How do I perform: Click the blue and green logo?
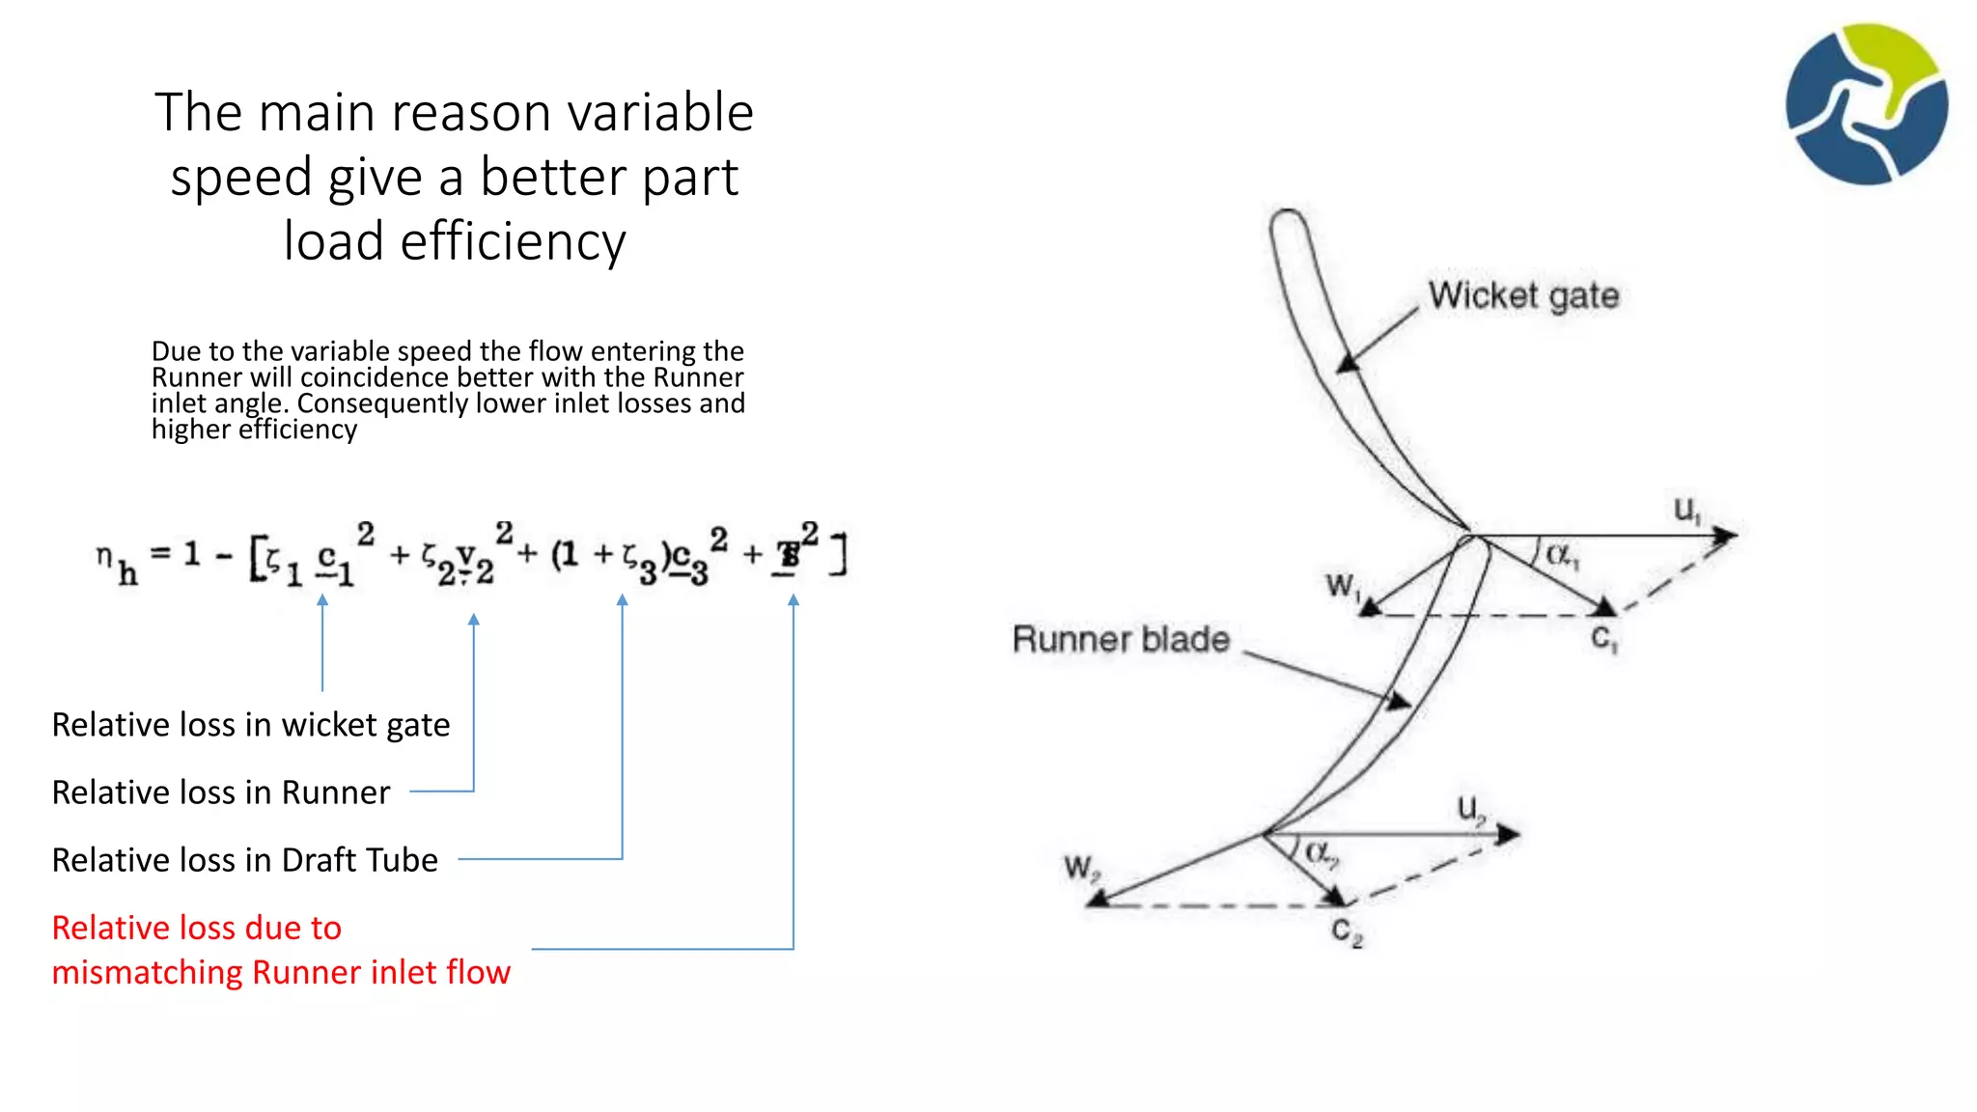coord(1866,104)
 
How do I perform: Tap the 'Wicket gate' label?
coord(1523,295)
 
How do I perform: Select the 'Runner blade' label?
coord(1121,639)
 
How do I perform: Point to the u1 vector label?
coord(1686,510)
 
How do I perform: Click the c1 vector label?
coord(1603,638)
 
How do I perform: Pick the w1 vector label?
coord(1342,586)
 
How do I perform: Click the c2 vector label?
coord(1347,931)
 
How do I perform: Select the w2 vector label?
coord(1080,867)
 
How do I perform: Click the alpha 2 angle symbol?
coord(1320,853)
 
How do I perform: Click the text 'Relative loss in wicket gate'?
coord(251,725)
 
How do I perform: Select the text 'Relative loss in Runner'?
coord(221,792)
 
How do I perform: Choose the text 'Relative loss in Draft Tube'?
coord(245,860)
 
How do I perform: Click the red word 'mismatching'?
coord(148,972)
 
